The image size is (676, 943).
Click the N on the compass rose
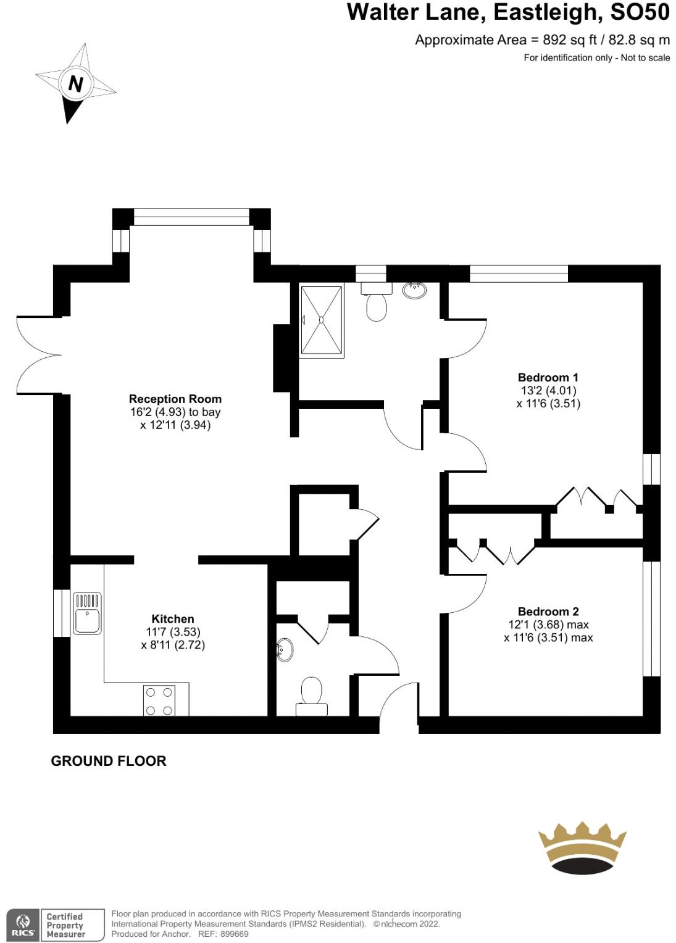[x=75, y=83]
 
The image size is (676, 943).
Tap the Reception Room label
[x=175, y=399]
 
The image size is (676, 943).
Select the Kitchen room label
[x=173, y=618]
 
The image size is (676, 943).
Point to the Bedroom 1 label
[x=548, y=377]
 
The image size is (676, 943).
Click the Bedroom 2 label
[x=548, y=612]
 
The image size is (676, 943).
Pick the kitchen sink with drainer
[x=87, y=613]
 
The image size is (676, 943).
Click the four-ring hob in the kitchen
[x=159, y=701]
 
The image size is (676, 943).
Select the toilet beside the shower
[x=376, y=303]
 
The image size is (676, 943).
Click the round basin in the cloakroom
[x=285, y=650]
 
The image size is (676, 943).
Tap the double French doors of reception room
[x=39, y=355]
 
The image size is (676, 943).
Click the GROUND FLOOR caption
[x=109, y=761]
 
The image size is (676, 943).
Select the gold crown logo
[x=582, y=847]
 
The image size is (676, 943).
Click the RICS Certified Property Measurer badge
[x=55, y=924]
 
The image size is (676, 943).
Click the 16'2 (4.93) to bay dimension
[x=175, y=412]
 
